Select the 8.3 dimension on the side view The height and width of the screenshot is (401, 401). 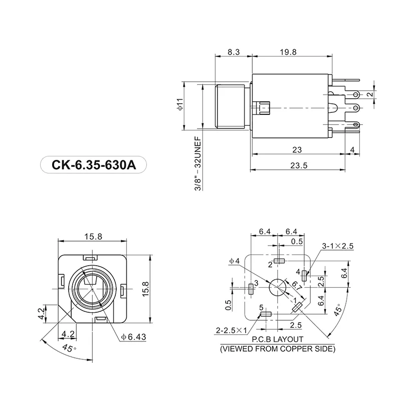point(233,52)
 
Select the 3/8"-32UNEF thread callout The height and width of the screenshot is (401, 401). point(197,163)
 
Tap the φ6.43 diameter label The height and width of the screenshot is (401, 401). point(133,337)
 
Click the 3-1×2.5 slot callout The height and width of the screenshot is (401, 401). point(338,246)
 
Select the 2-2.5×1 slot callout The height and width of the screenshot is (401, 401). point(232,330)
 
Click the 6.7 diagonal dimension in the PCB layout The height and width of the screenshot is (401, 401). point(295,287)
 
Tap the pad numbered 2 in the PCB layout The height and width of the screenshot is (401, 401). point(280,261)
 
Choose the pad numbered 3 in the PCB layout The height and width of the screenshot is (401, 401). point(251,288)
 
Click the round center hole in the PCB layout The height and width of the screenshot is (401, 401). point(278,288)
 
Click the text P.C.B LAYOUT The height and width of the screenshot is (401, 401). point(278,339)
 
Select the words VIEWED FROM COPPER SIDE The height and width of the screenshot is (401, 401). point(278,348)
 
